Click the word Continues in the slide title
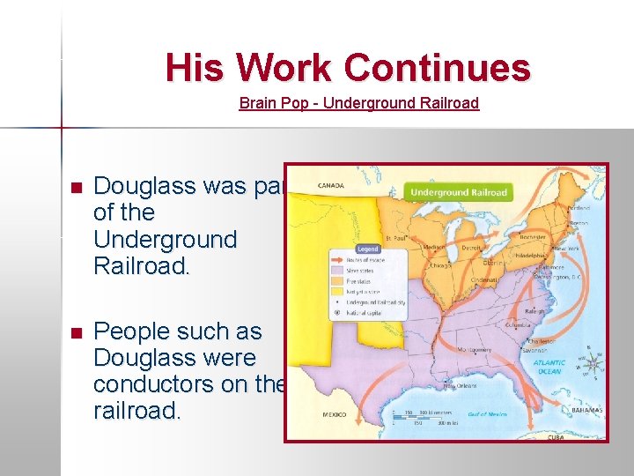[x=437, y=68]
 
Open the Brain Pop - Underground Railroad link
[x=358, y=103]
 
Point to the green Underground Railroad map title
[x=459, y=192]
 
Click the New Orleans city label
[x=461, y=386]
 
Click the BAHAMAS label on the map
[x=586, y=411]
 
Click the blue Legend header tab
[x=369, y=249]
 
